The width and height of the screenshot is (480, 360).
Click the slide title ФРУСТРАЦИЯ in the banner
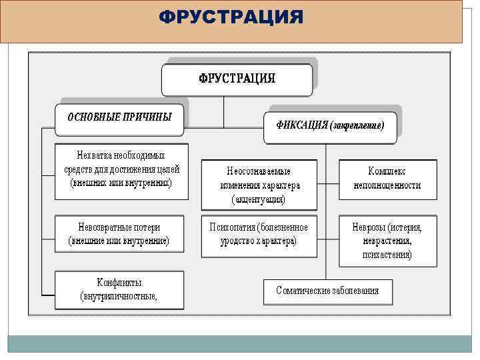point(231,17)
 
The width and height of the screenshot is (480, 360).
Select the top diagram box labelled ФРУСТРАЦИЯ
point(237,79)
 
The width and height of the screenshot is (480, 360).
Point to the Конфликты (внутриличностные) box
point(119,289)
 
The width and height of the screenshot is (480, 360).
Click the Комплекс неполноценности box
point(387,178)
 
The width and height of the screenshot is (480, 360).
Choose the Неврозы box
point(387,241)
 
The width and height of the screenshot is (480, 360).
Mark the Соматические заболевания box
point(327,291)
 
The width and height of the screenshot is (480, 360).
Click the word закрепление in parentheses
point(357,125)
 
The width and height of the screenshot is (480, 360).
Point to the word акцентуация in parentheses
point(259,199)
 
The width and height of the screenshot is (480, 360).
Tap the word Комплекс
point(387,171)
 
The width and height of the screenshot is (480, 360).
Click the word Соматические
point(304,291)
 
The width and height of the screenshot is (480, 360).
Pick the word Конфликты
point(119,283)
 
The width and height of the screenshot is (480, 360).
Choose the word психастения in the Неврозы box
point(387,255)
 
